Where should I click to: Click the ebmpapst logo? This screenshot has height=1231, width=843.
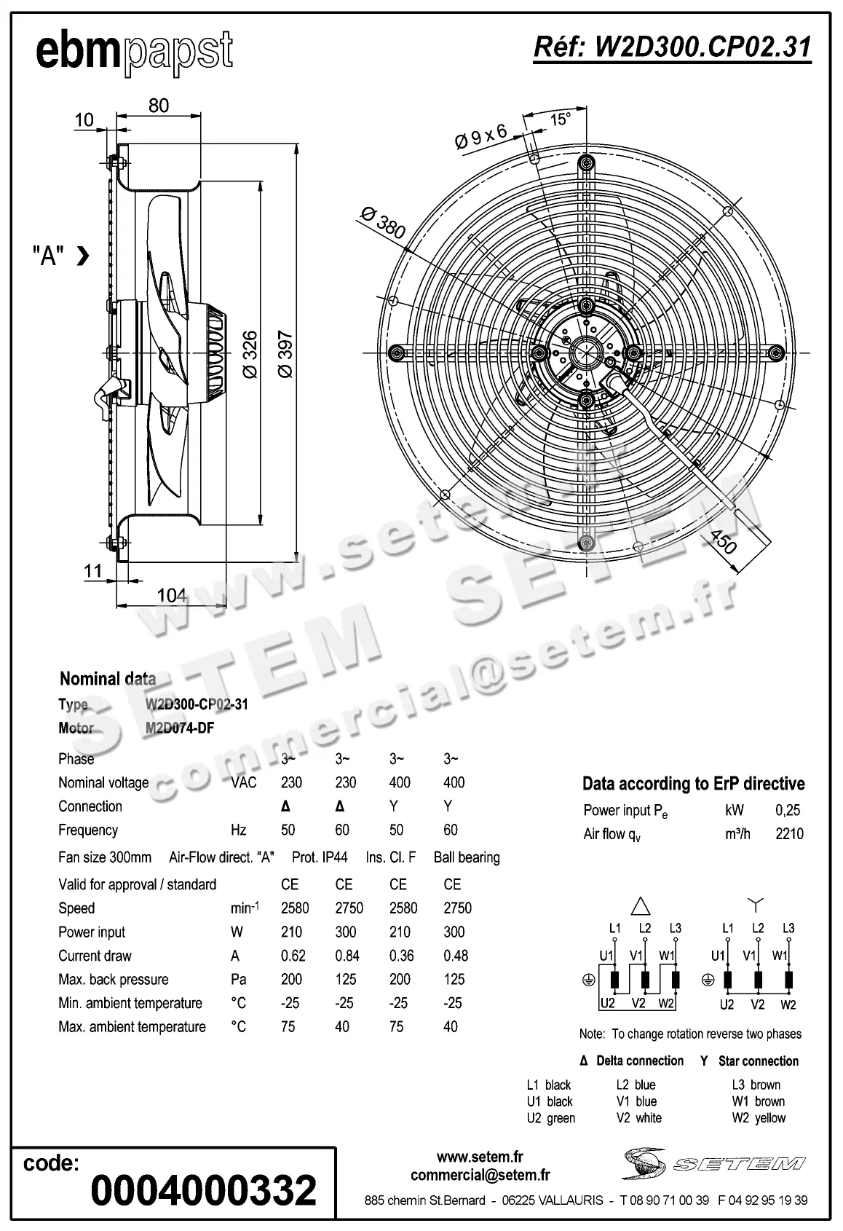(x=135, y=52)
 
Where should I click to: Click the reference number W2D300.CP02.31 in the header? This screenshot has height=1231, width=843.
(x=672, y=47)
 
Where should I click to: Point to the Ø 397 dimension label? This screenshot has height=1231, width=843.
(x=285, y=355)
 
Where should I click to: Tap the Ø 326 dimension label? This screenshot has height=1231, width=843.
(x=250, y=355)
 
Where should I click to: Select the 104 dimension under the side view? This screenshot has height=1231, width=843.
(x=172, y=595)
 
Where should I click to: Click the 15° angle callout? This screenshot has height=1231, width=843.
(x=559, y=119)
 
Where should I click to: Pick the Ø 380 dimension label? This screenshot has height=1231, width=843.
(x=382, y=223)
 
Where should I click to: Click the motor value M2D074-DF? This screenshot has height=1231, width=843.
(x=180, y=728)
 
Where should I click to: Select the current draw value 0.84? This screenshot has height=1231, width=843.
(x=346, y=956)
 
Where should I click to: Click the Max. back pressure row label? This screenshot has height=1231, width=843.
(x=114, y=980)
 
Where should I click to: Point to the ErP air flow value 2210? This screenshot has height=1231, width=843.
(x=789, y=834)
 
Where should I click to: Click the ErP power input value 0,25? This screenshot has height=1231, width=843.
(x=788, y=810)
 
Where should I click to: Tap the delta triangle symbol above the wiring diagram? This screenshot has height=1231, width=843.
(x=640, y=905)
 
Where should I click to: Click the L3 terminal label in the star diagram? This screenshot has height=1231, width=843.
(x=788, y=928)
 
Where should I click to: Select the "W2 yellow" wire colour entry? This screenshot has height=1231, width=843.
(x=759, y=1118)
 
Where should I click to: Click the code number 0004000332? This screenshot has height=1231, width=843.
(x=204, y=1190)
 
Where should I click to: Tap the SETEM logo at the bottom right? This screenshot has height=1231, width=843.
(x=713, y=1163)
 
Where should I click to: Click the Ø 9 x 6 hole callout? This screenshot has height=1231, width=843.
(x=480, y=136)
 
